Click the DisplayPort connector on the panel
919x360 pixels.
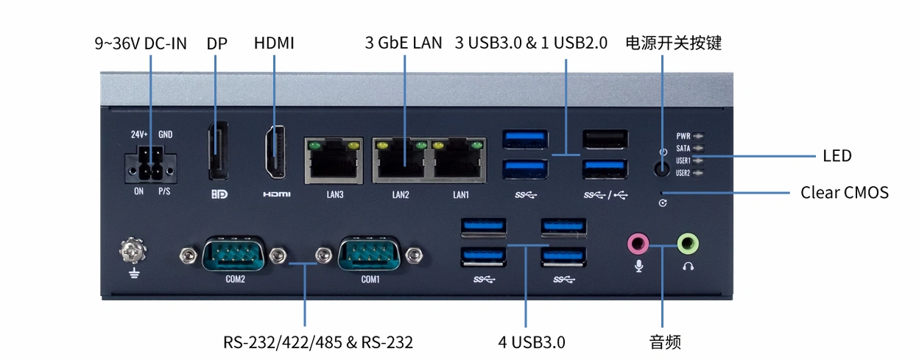pos(218,150)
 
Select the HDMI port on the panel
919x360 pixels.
pos(275,152)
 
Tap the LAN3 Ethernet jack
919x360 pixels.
pos(334,160)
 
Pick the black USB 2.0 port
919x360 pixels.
pos(605,139)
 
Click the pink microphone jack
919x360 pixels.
pos(638,244)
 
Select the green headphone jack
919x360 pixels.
pos(688,244)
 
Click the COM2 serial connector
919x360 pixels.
pos(233,254)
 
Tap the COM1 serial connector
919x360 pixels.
pos(369,254)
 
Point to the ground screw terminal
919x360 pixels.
pos(133,250)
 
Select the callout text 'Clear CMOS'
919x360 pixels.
pos(845,192)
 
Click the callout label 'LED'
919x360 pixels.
pos(837,156)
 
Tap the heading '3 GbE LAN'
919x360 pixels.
pos(404,43)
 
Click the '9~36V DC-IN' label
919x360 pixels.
pos(141,43)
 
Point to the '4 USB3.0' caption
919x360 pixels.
pos(532,342)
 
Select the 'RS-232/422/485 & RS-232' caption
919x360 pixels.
pos(318,342)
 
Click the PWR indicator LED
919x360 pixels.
pos(698,135)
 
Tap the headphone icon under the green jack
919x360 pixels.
pos(688,267)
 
